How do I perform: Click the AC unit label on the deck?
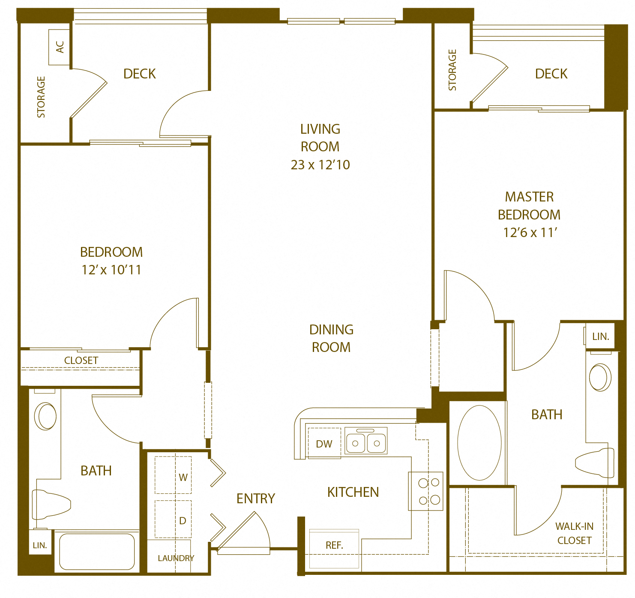tap(60, 47)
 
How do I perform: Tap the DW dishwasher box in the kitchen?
tap(324, 444)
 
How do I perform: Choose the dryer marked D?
tap(174, 519)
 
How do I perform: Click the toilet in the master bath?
tap(596, 463)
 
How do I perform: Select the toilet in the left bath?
tap(51, 505)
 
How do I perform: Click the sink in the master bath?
tap(600, 377)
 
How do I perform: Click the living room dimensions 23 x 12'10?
tap(320, 165)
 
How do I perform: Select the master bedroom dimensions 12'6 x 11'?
tap(530, 232)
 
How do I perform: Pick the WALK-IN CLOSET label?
tap(574, 533)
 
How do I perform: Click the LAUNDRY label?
tap(176, 558)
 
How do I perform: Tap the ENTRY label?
tap(256, 499)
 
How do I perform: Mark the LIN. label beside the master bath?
tap(601, 337)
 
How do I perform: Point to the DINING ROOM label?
tap(331, 338)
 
